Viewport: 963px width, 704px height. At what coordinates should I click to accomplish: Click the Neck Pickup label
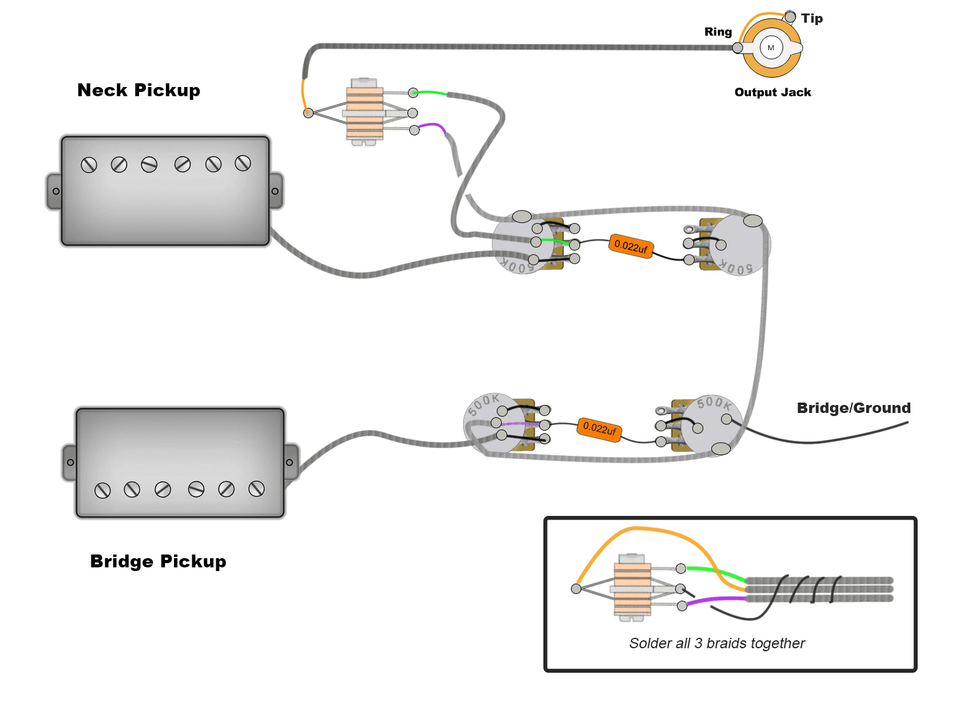[138, 90]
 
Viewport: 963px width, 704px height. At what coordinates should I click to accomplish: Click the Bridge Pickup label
[158, 561]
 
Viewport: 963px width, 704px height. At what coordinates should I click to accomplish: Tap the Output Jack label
[772, 93]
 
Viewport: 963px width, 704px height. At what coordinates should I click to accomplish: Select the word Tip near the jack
[812, 18]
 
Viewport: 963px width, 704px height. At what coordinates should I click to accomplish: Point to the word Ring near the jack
[718, 32]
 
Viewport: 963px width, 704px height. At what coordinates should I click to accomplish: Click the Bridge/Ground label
[853, 408]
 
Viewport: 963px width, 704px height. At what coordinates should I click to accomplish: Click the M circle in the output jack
[771, 48]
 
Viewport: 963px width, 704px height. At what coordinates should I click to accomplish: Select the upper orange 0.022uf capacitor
[631, 246]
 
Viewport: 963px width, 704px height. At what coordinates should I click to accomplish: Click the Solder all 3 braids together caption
[717, 643]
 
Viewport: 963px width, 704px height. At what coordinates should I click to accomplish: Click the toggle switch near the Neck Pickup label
[364, 112]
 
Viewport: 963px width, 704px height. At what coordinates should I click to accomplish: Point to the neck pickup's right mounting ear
[275, 191]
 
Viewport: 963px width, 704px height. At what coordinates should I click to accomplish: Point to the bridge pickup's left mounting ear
[70, 463]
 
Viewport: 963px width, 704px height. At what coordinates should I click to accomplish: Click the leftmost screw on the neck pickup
[89, 165]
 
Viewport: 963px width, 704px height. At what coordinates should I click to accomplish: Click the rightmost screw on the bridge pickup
[257, 488]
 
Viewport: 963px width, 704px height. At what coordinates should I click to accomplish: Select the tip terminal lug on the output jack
[790, 17]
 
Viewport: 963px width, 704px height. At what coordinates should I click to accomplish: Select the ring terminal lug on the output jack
[738, 48]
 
